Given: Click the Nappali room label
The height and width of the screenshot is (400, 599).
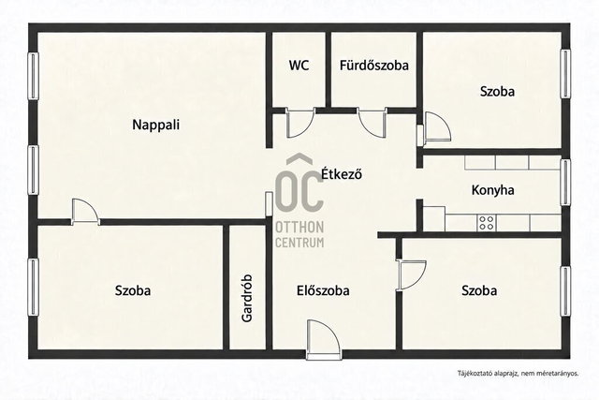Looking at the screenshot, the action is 156,125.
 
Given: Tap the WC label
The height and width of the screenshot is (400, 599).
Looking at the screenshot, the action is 299,65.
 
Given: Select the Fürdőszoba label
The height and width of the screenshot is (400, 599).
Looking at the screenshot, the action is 374,65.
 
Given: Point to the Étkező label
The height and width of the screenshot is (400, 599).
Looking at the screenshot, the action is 341,174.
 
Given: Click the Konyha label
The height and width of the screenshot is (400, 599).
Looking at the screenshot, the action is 493,190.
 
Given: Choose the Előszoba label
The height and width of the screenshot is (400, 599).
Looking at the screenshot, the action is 323,290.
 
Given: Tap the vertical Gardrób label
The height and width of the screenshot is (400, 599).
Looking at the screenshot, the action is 247,298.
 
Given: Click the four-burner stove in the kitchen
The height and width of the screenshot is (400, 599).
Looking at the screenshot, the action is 487,223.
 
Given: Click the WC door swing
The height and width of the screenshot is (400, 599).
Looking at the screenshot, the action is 300,123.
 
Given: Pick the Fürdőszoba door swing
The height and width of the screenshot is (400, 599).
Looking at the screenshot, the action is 373,122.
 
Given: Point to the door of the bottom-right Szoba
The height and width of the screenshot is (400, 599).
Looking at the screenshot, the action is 411,275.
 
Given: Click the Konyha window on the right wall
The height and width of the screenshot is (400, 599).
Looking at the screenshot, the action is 565,183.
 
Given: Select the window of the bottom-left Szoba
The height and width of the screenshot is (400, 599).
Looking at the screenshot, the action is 34,288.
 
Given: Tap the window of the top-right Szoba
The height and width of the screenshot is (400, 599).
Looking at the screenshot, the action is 565,74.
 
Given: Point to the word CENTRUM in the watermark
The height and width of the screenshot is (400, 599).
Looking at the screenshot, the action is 299,243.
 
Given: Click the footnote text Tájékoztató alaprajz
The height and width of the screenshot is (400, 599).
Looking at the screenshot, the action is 488,373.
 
